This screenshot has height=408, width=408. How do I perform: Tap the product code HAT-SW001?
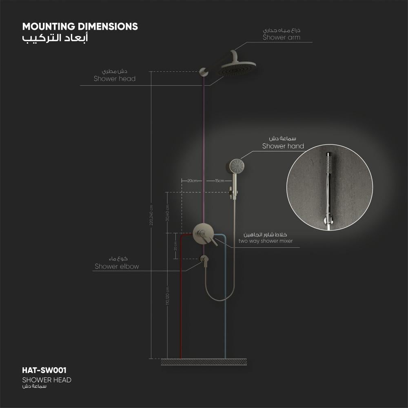click(x=44, y=370)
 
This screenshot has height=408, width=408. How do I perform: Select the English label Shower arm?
click(x=281, y=37)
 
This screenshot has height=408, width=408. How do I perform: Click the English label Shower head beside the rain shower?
click(x=114, y=78)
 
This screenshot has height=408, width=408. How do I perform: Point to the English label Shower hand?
click(x=283, y=146)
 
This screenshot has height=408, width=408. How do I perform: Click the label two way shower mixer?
click(x=266, y=241)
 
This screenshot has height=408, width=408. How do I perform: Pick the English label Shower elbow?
click(x=117, y=266)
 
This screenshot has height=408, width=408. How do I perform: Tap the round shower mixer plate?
click(x=203, y=233)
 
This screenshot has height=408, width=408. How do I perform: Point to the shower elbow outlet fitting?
click(x=204, y=259)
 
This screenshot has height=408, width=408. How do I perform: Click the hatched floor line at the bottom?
click(x=204, y=362)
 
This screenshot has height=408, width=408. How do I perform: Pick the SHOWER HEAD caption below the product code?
click(x=47, y=380)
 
